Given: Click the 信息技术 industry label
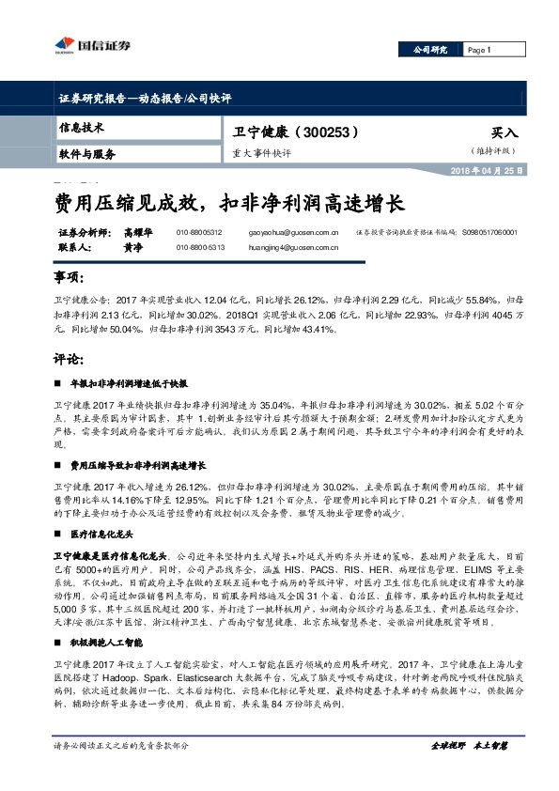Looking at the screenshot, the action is tap(83, 127).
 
